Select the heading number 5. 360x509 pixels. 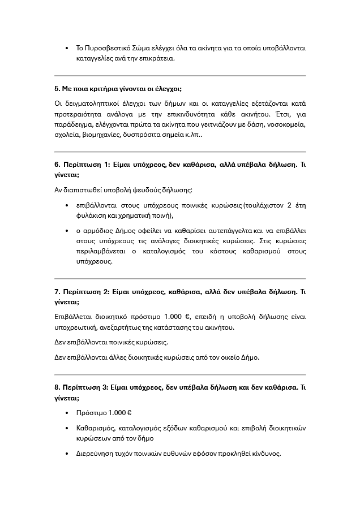click(57, 89)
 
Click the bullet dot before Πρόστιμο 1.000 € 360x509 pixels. click(67, 413)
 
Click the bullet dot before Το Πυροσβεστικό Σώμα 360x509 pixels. click(67, 48)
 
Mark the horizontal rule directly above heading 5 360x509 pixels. click(180, 76)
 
